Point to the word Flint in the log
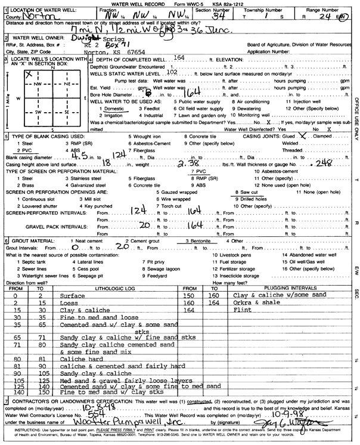pyautogui.click(x=240, y=310)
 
